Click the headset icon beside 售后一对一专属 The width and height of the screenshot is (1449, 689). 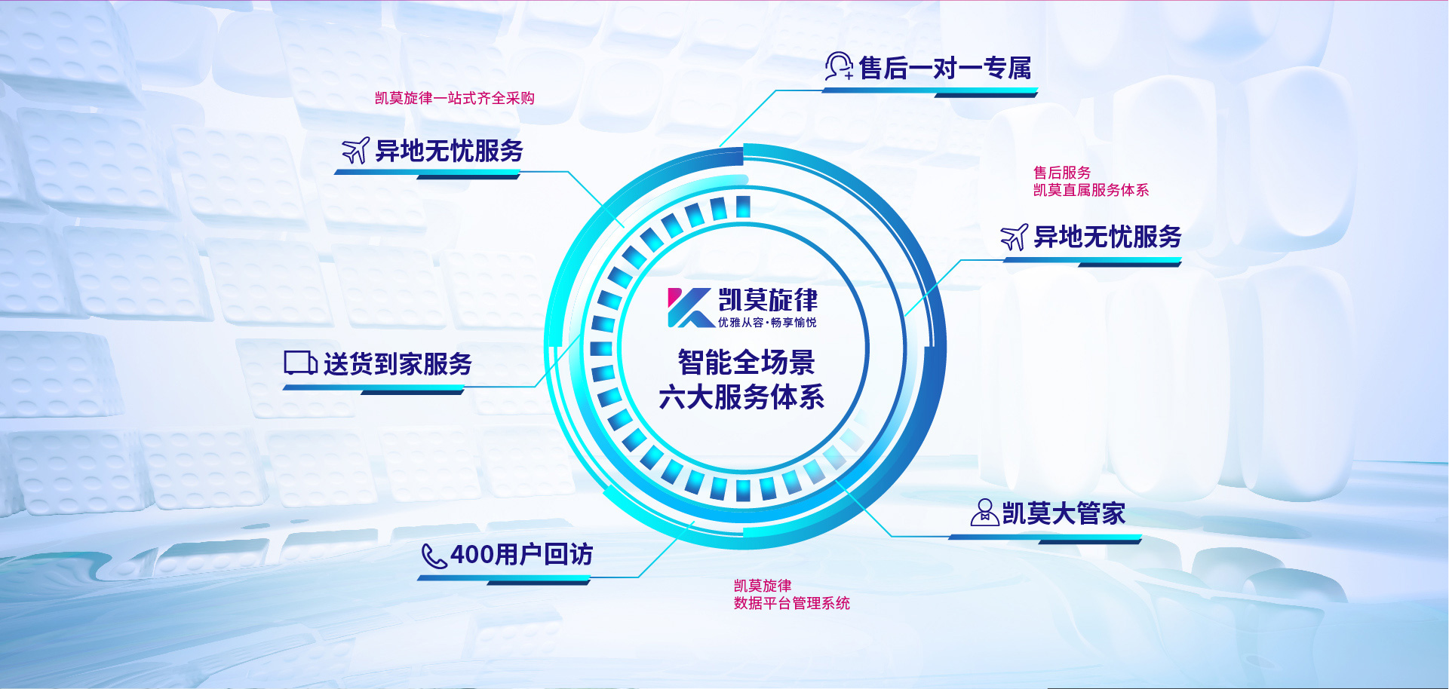point(839,66)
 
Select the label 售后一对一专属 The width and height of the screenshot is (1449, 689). point(945,69)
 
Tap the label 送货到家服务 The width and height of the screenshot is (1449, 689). point(398,364)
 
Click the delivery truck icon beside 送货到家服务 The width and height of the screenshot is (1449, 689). point(300,363)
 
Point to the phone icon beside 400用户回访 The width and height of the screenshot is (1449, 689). point(434,556)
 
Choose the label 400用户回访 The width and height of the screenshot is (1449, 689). point(521,555)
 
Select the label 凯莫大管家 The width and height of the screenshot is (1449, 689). point(1064,514)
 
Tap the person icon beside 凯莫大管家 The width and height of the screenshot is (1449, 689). point(984,512)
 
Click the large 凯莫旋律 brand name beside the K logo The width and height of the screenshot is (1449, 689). point(768,300)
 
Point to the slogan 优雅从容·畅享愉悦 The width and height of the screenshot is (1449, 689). point(767,323)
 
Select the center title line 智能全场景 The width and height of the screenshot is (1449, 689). point(746,363)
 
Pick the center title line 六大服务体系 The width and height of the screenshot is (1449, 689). point(741,397)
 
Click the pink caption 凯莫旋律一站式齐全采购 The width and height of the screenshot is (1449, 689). point(455,98)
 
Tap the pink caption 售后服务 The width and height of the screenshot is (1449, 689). point(1062,173)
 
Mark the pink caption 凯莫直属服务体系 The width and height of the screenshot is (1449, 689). point(1091,190)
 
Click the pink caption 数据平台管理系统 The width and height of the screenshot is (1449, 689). point(792,603)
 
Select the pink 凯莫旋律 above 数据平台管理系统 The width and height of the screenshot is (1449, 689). point(763,586)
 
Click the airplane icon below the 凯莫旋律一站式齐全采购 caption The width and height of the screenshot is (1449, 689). point(356,150)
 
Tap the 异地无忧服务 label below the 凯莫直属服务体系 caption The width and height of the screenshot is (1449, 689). point(1107,237)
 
